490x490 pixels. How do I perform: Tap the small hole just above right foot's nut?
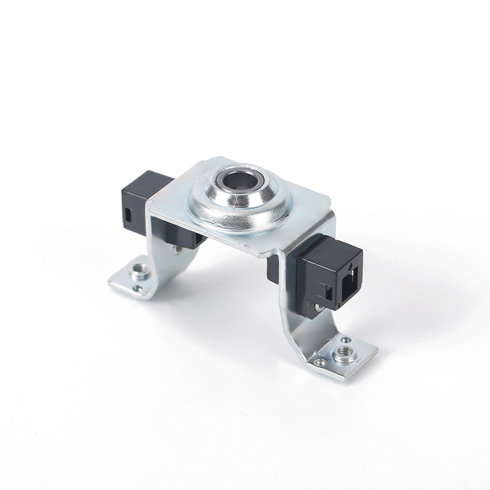[347, 338]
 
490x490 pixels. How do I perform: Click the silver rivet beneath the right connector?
[318, 304]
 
